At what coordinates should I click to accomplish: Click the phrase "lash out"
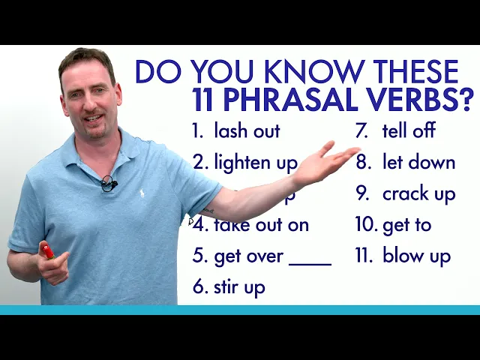pos(247,131)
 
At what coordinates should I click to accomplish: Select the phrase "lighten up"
pos(255,162)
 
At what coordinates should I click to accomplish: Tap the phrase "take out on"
pos(261,224)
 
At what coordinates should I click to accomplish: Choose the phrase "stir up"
pos(239,286)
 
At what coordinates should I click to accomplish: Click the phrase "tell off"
pos(409,131)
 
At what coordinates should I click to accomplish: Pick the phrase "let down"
pos(418,162)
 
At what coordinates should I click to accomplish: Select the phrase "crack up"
pos(418,193)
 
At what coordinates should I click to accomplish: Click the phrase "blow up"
pos(416,256)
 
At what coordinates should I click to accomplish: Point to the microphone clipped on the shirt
pos(108,183)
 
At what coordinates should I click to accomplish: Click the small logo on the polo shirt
pos(140,194)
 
